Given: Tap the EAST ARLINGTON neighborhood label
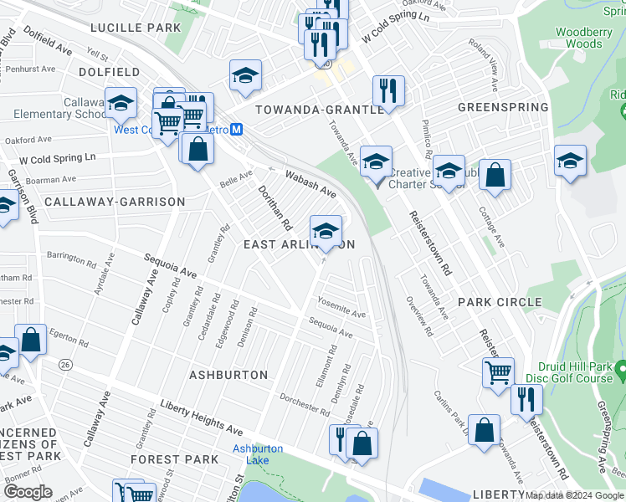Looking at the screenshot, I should [x=299, y=244].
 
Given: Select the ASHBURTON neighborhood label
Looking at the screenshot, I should [x=228, y=375].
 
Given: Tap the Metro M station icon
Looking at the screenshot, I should [x=237, y=130].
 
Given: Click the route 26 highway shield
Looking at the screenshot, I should [x=64, y=365].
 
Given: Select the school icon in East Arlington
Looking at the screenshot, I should [x=325, y=228].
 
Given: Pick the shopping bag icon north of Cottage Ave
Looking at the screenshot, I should [x=495, y=176].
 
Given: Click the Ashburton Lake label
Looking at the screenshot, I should [x=258, y=454].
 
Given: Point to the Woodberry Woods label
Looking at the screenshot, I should [x=578, y=38].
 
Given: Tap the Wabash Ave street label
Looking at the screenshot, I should [x=310, y=184].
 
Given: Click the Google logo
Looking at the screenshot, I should [x=28, y=492].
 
